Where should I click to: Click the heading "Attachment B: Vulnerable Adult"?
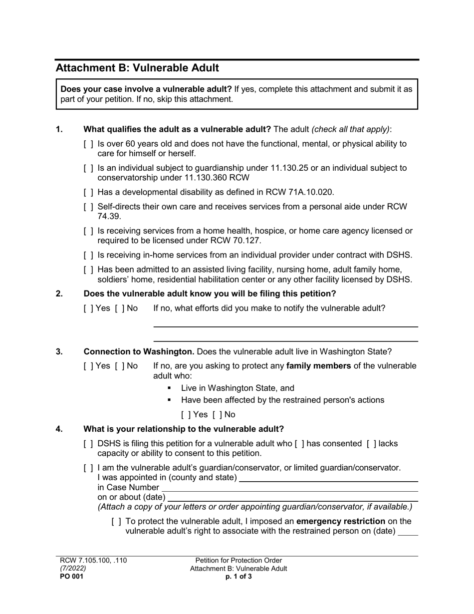pyautogui.click(x=137, y=68)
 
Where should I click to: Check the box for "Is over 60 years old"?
pyautogui.click(x=88, y=144)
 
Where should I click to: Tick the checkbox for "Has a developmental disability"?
pyautogui.click(x=88, y=193)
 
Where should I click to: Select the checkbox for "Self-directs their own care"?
pyautogui.click(x=88, y=207)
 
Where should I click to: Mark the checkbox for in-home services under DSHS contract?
pyautogui.click(x=88, y=256)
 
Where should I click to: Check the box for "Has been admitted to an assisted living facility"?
pyautogui.click(x=88, y=270)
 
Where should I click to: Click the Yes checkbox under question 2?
pyautogui.click(x=88, y=308)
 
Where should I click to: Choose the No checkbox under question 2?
pyautogui.click(x=119, y=308)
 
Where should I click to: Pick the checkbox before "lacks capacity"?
pyautogui.click(x=371, y=443)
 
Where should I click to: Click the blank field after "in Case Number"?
pyautogui.click(x=289, y=488)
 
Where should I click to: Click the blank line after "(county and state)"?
pyautogui.click(x=328, y=478)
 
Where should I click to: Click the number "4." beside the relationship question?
pyautogui.click(x=59, y=429)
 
